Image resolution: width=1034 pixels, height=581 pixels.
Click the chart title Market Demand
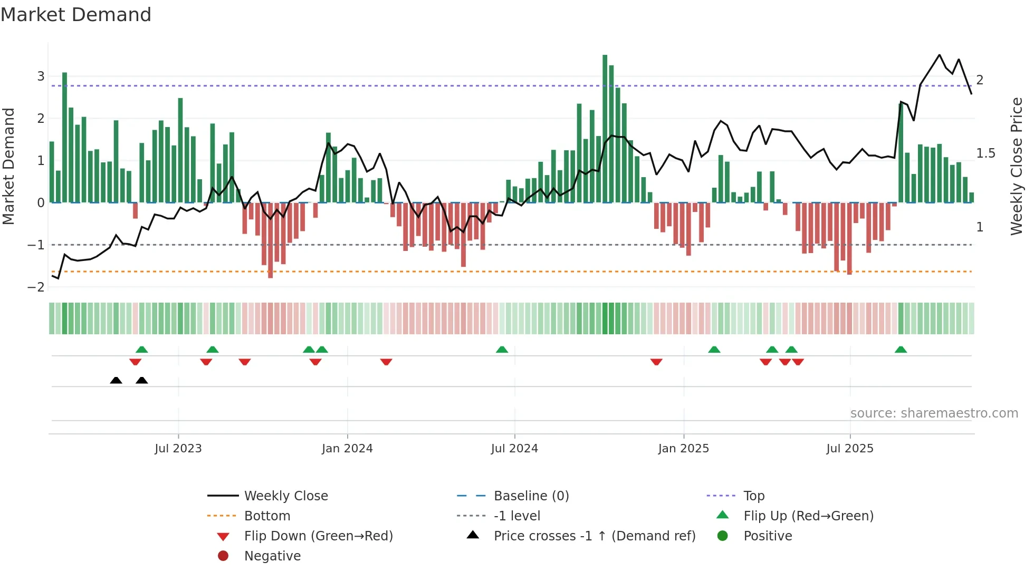(76, 15)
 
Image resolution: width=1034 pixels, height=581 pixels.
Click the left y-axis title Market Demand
(8, 166)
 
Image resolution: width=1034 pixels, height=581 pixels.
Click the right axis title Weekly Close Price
(1016, 166)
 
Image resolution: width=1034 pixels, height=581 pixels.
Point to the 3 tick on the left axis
(41, 76)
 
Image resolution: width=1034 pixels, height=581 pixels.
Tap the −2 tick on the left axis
(36, 287)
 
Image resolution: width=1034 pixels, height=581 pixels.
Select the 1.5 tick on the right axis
(985, 153)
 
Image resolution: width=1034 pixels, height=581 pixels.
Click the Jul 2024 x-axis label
(514, 449)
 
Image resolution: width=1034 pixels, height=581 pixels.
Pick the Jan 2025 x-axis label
(683, 449)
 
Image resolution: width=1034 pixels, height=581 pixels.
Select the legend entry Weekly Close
(285, 496)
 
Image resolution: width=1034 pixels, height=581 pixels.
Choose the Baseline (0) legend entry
(531, 496)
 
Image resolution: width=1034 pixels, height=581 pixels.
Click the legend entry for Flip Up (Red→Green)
(808, 516)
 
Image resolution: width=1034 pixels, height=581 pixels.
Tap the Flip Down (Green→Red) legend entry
(318, 536)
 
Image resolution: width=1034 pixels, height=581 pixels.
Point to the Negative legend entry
(272, 556)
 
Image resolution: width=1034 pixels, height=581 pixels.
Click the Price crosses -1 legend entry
(594, 536)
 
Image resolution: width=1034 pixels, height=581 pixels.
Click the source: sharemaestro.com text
(934, 413)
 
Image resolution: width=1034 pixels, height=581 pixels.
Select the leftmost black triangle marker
(116, 380)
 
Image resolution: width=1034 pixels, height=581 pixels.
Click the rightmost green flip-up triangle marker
(901, 350)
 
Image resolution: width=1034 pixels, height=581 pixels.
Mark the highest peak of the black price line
(939, 55)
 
